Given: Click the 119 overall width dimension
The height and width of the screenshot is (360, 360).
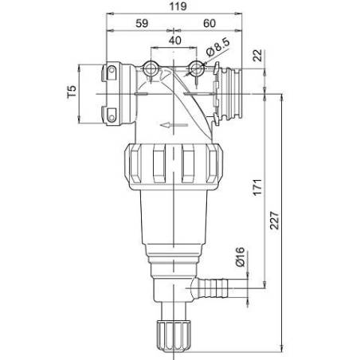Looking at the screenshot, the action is pyautogui.click(x=178, y=6).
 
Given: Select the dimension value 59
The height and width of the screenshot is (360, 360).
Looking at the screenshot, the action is pyautogui.click(x=142, y=23).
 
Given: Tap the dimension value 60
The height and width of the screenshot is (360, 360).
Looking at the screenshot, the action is pyautogui.click(x=209, y=23).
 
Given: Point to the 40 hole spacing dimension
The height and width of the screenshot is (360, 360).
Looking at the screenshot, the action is pyautogui.click(x=175, y=41).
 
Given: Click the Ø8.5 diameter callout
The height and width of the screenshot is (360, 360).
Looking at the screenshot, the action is pyautogui.click(x=217, y=48).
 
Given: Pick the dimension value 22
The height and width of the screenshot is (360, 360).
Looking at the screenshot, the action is pyautogui.click(x=257, y=56).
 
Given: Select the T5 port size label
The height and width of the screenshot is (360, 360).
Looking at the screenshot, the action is pyautogui.click(x=72, y=92).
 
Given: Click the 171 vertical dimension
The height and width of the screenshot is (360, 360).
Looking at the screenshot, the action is pyautogui.click(x=257, y=187).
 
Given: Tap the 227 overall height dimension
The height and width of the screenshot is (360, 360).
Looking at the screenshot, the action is pyautogui.click(x=275, y=220).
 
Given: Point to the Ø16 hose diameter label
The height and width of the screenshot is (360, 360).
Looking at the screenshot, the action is pyautogui.click(x=240, y=256).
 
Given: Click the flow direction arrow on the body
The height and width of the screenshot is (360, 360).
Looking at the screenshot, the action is pyautogui.click(x=174, y=125).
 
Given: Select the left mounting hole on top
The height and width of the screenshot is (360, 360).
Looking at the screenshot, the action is pyautogui.click(x=151, y=68).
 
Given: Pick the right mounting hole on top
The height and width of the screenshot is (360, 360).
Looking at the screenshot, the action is pyautogui.click(x=197, y=68).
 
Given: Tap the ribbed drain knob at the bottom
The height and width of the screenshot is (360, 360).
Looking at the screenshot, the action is pyautogui.click(x=174, y=336).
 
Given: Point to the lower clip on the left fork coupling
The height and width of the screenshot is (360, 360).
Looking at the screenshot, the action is pyautogui.click(x=110, y=115).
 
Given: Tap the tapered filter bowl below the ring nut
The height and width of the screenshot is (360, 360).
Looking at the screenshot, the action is pyautogui.click(x=174, y=217).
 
